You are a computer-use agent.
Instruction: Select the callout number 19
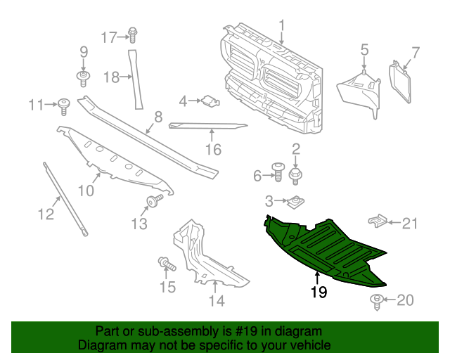[x=319, y=292]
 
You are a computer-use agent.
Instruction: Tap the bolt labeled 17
[x=133, y=34]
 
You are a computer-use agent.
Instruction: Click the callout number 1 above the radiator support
[x=282, y=27]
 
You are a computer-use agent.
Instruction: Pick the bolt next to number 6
[x=277, y=173]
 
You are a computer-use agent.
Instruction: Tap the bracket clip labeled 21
[x=380, y=222]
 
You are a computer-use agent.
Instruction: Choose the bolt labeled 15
[x=167, y=265]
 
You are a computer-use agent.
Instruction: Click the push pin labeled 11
[x=65, y=106]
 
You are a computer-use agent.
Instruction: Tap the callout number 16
[x=213, y=149]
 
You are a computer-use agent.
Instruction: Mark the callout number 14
[x=216, y=301]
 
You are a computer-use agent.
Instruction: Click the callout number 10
[x=84, y=190]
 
